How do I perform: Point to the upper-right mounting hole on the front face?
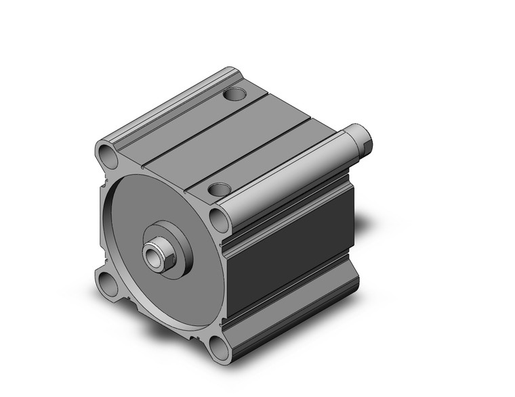pos(219,220)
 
